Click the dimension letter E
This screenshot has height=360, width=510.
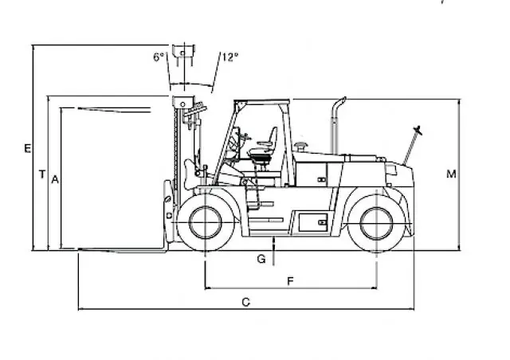point(28,149)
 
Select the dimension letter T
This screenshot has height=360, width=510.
point(42,174)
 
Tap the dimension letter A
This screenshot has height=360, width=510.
point(55,179)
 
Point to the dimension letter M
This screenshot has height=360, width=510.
point(451,174)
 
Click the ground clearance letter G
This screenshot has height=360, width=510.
point(261,259)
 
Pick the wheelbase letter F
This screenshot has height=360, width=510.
point(290,281)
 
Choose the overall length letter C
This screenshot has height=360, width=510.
point(246,303)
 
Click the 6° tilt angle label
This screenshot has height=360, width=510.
point(159,57)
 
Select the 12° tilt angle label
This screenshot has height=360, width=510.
point(230,57)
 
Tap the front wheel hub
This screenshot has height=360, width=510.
point(206,222)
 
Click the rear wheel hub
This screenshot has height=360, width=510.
point(377,224)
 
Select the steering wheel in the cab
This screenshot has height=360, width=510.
point(245,137)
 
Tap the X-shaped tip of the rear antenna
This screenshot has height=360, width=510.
point(418,131)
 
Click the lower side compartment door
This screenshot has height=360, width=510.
point(313,223)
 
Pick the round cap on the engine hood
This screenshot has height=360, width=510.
point(300,146)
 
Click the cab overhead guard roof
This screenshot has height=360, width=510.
point(262,101)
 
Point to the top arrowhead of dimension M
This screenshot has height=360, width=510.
point(459,102)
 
